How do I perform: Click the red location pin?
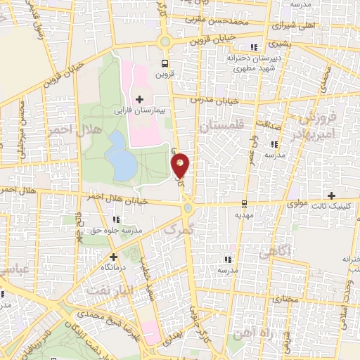point(181,165)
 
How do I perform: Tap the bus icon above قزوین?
point(165,61)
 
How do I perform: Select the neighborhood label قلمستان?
point(220,126)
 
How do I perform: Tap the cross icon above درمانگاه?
point(113,257)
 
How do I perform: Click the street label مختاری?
point(285,298)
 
